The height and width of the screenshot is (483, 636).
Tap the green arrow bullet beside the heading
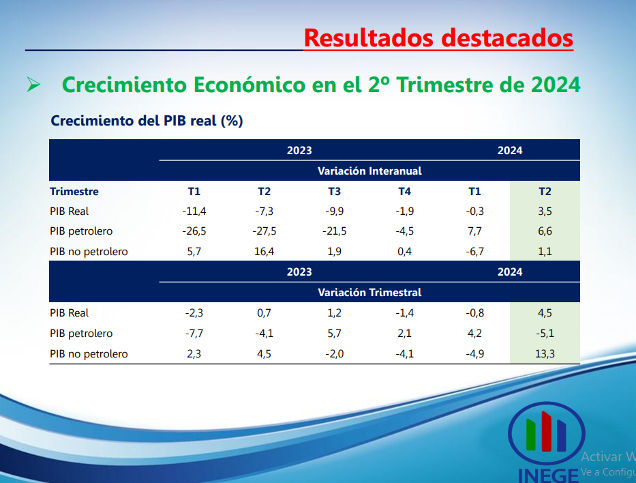(33, 85)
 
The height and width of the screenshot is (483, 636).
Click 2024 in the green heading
(556, 85)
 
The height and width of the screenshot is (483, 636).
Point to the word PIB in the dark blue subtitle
(174, 121)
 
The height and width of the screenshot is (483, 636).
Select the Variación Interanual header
(369, 171)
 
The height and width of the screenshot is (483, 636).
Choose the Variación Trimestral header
(369, 292)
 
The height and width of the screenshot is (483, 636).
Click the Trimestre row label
(74, 192)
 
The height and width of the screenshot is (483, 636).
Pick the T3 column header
(334, 192)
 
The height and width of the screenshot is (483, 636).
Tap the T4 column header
(404, 192)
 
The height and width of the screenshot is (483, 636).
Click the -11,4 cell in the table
(194, 211)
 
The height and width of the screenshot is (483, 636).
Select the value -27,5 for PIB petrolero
(264, 231)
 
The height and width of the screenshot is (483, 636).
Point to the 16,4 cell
(264, 252)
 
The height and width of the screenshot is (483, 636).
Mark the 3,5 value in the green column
(545, 211)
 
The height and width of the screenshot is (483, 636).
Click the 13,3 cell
(545, 354)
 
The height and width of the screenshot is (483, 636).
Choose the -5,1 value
(545, 334)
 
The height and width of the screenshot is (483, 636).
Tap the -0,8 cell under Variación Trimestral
(474, 313)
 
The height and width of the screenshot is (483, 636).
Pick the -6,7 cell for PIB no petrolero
(474, 252)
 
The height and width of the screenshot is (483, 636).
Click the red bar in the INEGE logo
(546, 431)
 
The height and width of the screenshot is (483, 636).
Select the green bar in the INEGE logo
(531, 435)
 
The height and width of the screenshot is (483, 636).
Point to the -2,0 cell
(334, 354)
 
